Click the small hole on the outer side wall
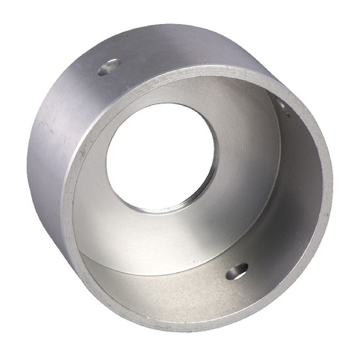108,67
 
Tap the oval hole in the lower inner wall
237,270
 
